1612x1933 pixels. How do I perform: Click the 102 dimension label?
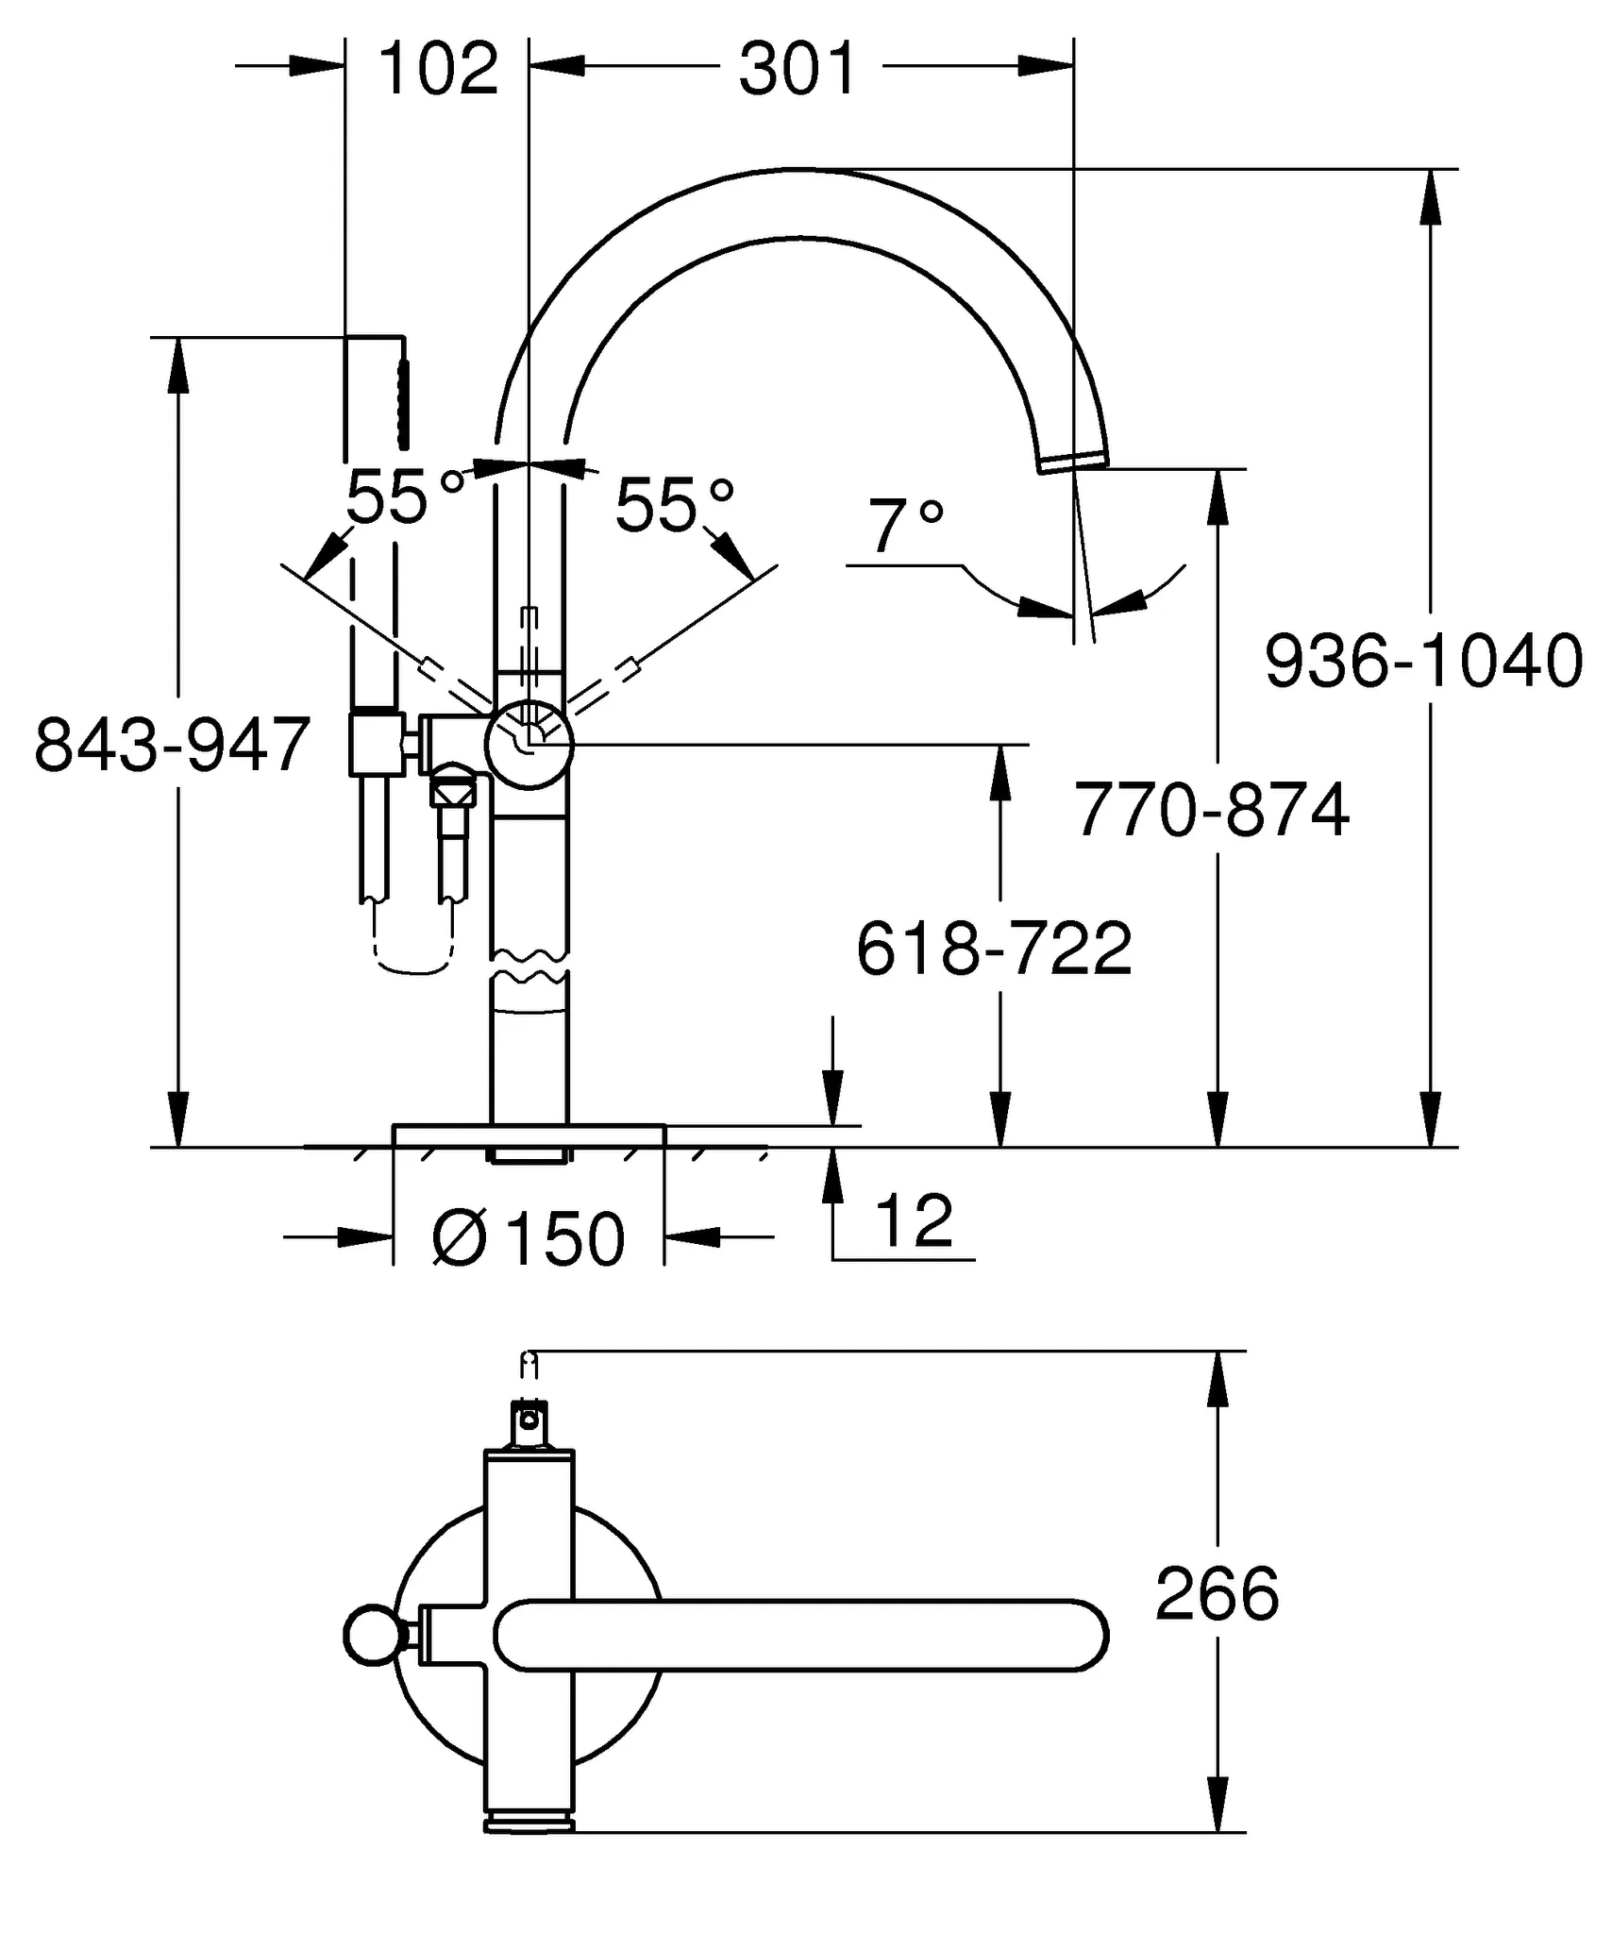pyautogui.click(x=438, y=69)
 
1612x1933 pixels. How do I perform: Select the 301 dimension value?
pyautogui.click(x=798, y=69)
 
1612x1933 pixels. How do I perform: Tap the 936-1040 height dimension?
pyautogui.click(x=1423, y=662)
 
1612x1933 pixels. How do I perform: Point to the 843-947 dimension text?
pyautogui.click(x=173, y=745)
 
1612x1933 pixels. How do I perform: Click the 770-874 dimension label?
pyautogui.click(x=1213, y=810)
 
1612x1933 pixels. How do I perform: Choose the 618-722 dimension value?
pyautogui.click(x=994, y=949)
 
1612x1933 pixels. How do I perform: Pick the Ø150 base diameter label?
pyautogui.click(x=529, y=1238)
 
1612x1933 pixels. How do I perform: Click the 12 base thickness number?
pyautogui.click(x=914, y=1220)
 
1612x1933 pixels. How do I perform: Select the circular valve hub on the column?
pyautogui.click(x=529, y=745)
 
